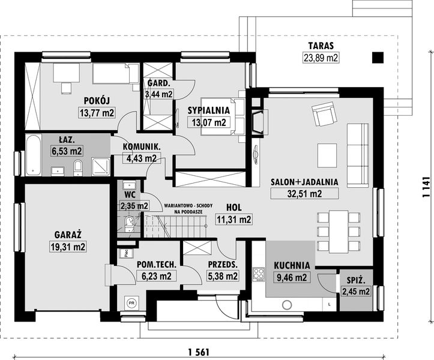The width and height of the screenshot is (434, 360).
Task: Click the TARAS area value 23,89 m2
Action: tap(321, 58)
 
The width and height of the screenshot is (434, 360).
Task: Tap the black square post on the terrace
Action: tap(378, 58)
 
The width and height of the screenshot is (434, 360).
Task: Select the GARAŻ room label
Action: tap(68, 235)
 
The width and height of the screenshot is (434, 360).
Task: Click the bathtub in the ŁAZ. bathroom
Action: tap(33, 155)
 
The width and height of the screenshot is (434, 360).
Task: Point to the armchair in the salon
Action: tap(325, 114)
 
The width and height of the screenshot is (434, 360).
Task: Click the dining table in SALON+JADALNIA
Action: tap(338, 232)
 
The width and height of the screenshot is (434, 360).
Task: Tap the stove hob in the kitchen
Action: tap(259, 274)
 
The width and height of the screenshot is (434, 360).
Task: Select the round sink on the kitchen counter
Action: tap(287, 305)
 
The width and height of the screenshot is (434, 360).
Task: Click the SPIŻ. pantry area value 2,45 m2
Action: tap(356, 292)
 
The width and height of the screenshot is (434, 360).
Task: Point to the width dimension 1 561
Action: tap(199, 352)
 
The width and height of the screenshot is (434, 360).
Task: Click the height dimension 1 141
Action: tap(427, 187)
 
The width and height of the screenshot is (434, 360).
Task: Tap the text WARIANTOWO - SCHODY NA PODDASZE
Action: tap(188, 209)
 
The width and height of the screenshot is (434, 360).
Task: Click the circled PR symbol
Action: tap(131, 303)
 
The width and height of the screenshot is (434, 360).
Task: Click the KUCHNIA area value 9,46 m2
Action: tap(292, 277)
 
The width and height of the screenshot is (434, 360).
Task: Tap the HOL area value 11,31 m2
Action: tap(234, 220)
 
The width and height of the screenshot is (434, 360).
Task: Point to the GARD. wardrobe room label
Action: tap(158, 83)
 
